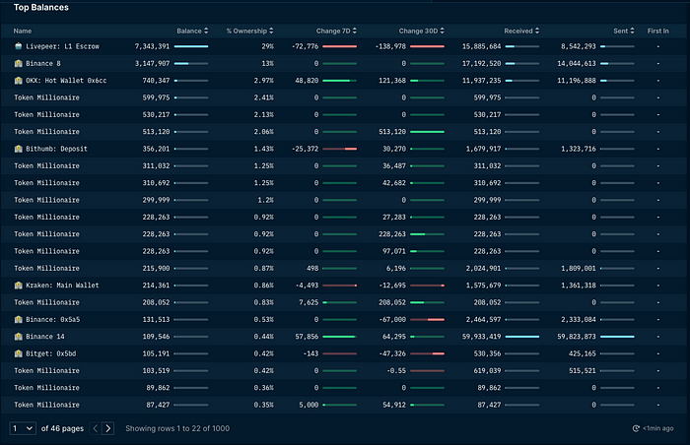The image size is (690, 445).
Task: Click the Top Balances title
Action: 41,8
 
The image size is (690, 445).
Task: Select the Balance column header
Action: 188,32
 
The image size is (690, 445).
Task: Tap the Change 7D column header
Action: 334,32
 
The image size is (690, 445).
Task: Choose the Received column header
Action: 518,32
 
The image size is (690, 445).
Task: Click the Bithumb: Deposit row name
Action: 54,149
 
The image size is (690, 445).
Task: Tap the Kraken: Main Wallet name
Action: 62,285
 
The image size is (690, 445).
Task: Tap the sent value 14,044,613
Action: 573,63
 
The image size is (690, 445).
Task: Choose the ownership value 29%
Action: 267,46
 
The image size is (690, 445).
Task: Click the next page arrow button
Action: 108,428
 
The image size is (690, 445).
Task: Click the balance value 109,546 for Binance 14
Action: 154,336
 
